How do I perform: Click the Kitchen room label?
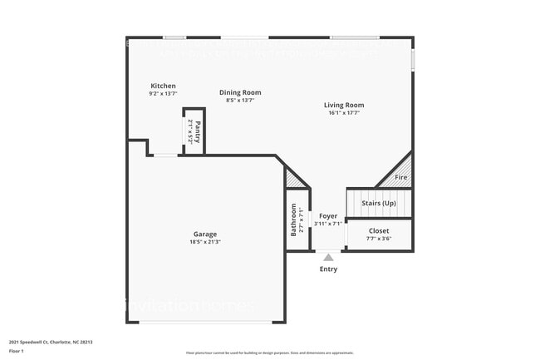tap(163, 86)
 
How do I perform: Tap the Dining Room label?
tap(240, 92)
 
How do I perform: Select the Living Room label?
tap(344, 105)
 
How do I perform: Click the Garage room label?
tap(205, 234)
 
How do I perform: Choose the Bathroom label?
tap(293, 219)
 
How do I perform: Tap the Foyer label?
tap(328, 216)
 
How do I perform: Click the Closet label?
tap(379, 230)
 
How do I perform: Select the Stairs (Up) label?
tap(379, 203)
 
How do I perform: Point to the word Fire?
tap(400, 178)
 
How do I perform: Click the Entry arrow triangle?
tap(328, 258)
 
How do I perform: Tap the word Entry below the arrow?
tap(328, 269)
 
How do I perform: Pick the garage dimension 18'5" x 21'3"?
tap(205, 242)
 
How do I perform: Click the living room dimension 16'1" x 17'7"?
tap(344, 113)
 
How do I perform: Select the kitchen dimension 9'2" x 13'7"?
tap(163, 95)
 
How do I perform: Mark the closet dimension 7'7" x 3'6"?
tap(379, 239)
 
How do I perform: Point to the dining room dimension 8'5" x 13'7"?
tap(240, 101)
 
